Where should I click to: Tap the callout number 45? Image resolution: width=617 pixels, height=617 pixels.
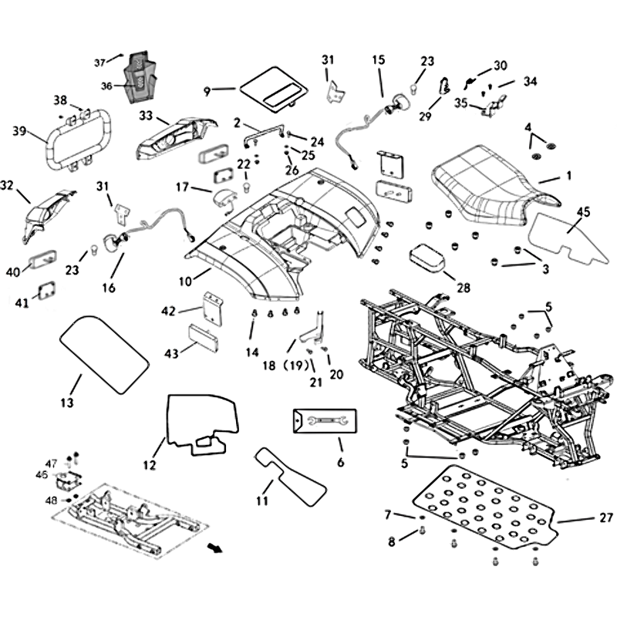(584, 211)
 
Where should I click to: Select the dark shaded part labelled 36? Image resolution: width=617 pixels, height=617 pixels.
(140, 78)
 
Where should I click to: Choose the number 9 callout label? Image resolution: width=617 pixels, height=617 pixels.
(207, 91)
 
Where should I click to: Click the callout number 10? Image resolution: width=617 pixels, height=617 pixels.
(185, 282)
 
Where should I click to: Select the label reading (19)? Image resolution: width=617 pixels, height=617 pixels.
(298, 363)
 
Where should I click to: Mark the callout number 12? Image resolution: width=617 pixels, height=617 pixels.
(149, 465)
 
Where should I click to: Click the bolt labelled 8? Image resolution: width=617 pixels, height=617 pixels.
(422, 531)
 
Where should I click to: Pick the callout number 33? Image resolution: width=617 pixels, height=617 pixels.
(145, 116)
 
